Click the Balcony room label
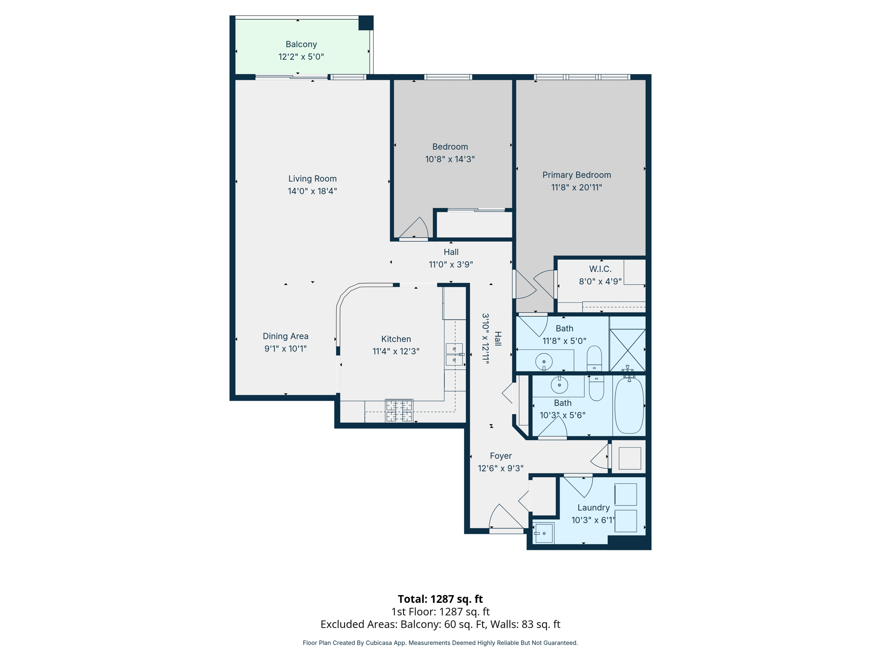(x=301, y=44)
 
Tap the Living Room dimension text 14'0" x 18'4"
(x=312, y=191)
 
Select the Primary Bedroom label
(x=576, y=175)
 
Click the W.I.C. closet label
(x=600, y=269)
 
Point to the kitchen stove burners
(x=399, y=411)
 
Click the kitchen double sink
(x=454, y=354)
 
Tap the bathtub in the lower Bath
(x=629, y=405)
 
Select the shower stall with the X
(x=628, y=350)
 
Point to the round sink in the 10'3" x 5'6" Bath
(x=559, y=385)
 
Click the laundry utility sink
(x=544, y=533)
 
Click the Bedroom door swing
(x=415, y=228)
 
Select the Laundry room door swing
(x=579, y=485)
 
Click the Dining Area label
(x=285, y=336)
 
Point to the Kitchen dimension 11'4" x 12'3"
(x=396, y=351)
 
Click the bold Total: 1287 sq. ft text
(x=440, y=599)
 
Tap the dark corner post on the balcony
(x=366, y=23)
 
